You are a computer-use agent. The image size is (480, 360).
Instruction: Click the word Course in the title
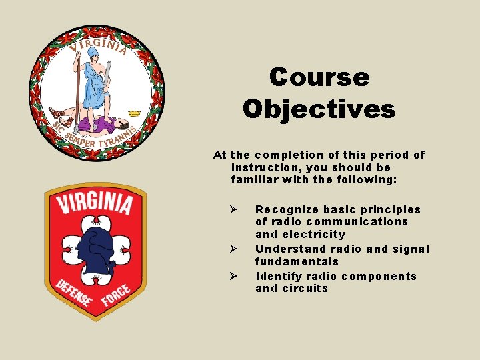point(319,77)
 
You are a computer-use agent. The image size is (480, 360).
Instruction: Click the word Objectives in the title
point(319,108)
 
